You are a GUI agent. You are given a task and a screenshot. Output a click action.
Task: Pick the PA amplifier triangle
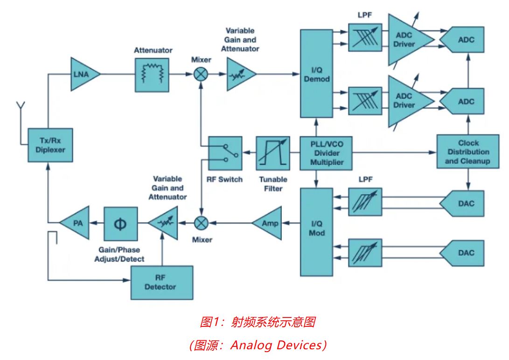76,223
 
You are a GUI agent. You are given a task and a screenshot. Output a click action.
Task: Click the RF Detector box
161,282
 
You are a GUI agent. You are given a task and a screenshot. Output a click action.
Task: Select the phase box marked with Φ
120,223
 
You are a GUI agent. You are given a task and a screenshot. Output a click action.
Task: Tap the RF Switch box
225,153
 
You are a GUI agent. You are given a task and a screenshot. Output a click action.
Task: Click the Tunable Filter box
273,153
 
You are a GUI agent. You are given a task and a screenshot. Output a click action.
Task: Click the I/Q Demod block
317,74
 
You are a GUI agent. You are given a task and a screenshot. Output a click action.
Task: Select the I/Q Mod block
317,232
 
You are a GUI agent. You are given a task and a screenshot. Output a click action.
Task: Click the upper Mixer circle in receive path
201,74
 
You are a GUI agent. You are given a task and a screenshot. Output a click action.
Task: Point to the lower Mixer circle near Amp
201,223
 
